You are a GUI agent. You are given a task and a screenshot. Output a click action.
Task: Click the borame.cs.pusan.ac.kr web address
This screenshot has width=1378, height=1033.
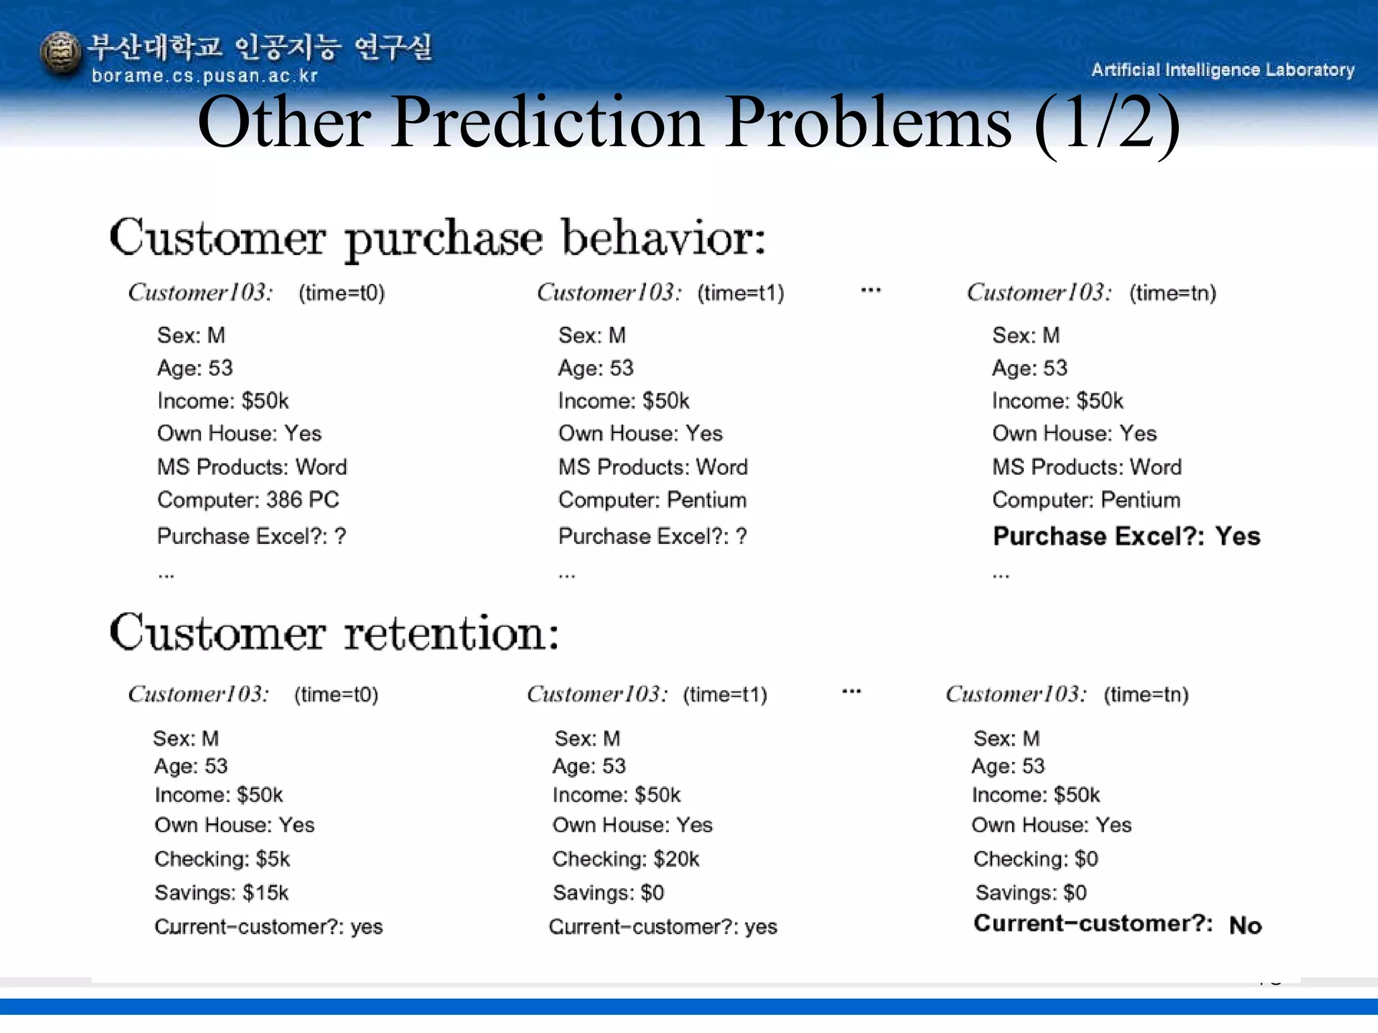[205, 76]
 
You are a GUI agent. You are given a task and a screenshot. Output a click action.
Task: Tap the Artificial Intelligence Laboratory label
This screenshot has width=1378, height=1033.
[1222, 70]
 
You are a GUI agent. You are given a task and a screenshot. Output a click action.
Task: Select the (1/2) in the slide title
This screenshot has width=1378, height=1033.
[1107, 123]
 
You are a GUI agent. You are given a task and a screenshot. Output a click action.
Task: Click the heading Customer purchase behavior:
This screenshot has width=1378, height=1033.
[437, 239]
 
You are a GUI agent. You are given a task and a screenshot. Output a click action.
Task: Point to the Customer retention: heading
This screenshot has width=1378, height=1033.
[334, 634]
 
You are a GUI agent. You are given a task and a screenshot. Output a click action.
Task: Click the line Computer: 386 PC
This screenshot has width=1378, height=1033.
[248, 500]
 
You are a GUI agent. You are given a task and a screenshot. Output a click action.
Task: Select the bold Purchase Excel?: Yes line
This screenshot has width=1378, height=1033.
[1126, 536]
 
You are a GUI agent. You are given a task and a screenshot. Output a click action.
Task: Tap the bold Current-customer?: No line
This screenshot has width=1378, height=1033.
[1117, 924]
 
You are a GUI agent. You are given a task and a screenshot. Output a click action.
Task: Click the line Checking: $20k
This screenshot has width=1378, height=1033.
[626, 859]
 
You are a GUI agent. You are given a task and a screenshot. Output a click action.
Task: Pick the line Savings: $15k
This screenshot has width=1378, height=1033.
[221, 892]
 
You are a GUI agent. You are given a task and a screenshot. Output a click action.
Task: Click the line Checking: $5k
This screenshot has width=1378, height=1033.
[222, 859]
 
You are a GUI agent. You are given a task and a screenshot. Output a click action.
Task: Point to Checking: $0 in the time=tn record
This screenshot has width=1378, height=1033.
[1035, 859]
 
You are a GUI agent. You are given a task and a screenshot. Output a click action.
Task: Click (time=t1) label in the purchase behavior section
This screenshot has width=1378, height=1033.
[740, 293]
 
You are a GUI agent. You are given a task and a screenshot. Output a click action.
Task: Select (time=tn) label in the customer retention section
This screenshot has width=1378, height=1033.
[1146, 694]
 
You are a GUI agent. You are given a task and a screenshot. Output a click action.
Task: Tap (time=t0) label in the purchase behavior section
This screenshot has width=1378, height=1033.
[342, 293]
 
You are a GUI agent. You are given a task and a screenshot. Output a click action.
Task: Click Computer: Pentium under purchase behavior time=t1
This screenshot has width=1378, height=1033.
[652, 500]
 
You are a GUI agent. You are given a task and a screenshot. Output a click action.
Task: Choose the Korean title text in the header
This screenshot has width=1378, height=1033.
[260, 47]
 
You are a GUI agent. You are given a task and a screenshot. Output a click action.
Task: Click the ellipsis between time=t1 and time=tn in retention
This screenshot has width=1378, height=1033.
[851, 691]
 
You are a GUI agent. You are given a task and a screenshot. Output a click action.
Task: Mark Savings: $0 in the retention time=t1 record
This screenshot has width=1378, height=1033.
[608, 892]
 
